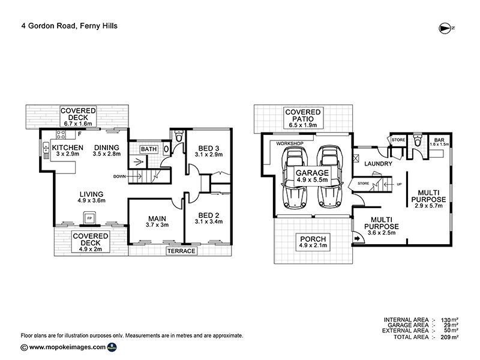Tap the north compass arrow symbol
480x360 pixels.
click(x=446, y=27)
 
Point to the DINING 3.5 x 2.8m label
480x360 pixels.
click(x=107, y=151)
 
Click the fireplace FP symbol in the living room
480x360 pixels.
click(x=89, y=218)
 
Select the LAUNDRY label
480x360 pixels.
click(x=378, y=163)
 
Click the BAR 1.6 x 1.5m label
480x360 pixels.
click(x=440, y=141)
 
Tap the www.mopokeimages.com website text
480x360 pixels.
click(x=68, y=347)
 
